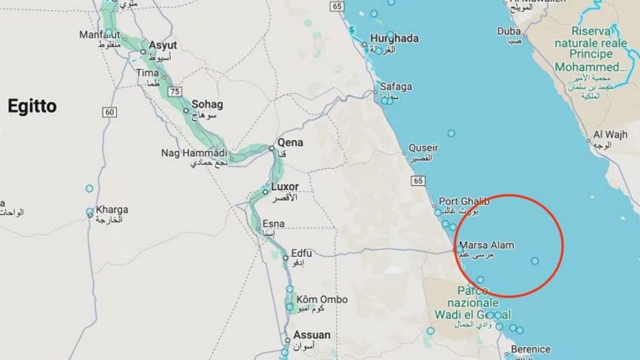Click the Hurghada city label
(x=394, y=39)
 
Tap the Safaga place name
(x=396, y=87)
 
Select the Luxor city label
(x=285, y=187)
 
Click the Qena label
(x=291, y=142)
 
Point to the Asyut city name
(x=162, y=46)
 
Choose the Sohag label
(x=207, y=104)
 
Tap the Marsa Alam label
(x=486, y=245)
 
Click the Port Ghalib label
(x=464, y=201)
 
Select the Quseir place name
(x=423, y=148)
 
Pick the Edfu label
(x=301, y=253)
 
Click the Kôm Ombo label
(x=321, y=299)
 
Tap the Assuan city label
(x=312, y=335)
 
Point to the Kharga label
(x=112, y=209)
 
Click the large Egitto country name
(x=32, y=106)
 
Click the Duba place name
(x=509, y=31)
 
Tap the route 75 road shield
(x=175, y=91)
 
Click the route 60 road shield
(x=110, y=112)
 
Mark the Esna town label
(x=273, y=224)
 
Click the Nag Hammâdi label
(x=194, y=152)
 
